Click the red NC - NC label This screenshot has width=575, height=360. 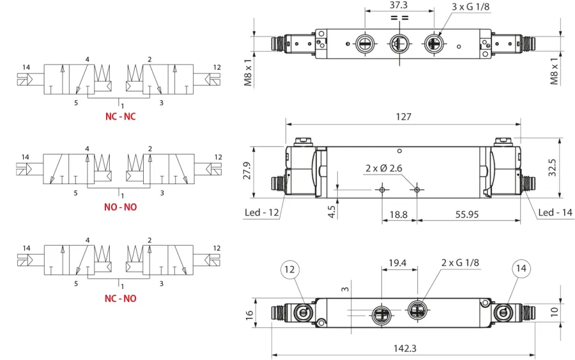pos(120,116)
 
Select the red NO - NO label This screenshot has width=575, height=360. pos(120,207)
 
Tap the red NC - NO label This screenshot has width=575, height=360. pos(120,299)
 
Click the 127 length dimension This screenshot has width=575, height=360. pos(403,117)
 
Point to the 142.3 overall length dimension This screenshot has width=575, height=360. pos(405,348)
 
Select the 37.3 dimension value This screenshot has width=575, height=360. pos(398,5)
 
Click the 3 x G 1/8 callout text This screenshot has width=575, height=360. pos(470,6)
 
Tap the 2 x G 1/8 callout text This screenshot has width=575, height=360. pos(460,262)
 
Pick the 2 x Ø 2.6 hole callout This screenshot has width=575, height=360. pos(383,168)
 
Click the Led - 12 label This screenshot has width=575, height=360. pos(261,212)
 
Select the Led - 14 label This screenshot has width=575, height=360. pos(555,212)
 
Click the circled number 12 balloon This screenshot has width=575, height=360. pos(289,269)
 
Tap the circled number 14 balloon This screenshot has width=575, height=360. pos(521,269)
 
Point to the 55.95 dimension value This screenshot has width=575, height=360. pos(467,214)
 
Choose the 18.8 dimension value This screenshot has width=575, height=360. pos(398,214)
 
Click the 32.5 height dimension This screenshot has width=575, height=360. pos(552,168)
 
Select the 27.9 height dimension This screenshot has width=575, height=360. pos(247,171)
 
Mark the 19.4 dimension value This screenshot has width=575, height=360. pos(397,263)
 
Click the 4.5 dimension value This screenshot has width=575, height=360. pos(332,212)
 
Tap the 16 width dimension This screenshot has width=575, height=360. pos(249,315)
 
